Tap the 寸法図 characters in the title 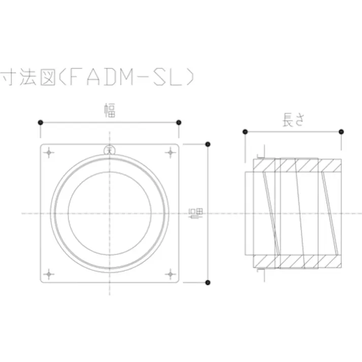click(24, 78)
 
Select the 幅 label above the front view click(110, 110)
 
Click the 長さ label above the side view click(294, 120)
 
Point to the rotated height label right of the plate click(194, 214)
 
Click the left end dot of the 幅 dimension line click(40, 122)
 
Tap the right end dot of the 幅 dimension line click(179, 122)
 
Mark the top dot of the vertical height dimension click(207, 144)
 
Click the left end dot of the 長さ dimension click(245, 131)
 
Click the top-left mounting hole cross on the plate click(49, 152)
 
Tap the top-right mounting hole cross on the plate click(170, 152)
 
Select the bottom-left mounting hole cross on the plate click(49, 274)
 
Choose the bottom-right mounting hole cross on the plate click(170, 274)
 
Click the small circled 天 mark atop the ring click(109, 149)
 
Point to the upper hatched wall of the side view click(300, 166)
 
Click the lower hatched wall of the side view click(300, 261)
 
